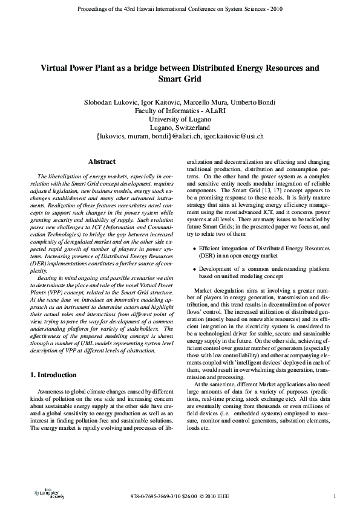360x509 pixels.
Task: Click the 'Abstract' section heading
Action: (102, 162)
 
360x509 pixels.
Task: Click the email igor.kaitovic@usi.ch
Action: (232, 137)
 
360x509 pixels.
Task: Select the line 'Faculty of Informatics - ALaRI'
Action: (180, 111)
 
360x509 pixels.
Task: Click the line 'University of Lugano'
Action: (180, 119)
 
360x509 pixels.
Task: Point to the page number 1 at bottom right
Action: (335, 497)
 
